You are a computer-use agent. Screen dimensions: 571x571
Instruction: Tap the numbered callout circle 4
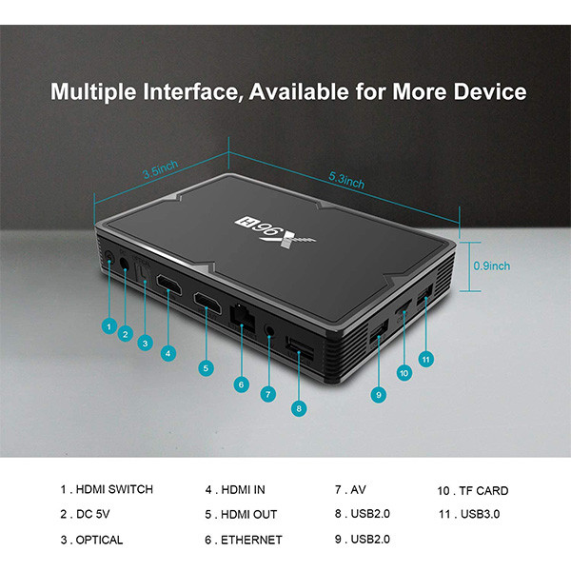tap(167, 353)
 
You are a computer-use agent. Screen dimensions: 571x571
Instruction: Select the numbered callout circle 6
tap(242, 384)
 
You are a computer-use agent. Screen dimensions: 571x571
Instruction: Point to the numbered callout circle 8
tap(300, 407)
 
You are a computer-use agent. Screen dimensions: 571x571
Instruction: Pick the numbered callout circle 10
tap(404, 372)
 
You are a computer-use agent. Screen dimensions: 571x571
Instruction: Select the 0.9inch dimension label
tap(492, 266)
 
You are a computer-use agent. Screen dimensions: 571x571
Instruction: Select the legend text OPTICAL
tap(99, 540)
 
